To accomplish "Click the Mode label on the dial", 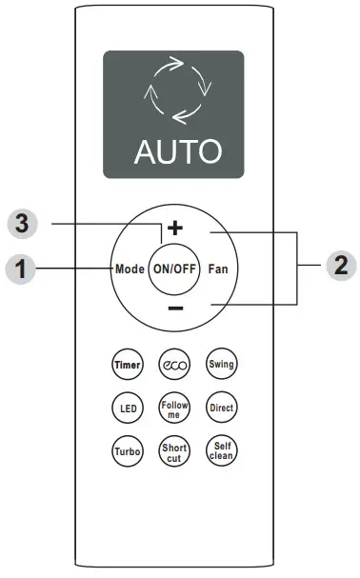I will (129, 269).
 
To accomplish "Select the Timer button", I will (127, 365).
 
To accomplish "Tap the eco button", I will (173, 365).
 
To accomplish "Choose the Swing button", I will (221, 365).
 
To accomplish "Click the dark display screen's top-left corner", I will (107, 55).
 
